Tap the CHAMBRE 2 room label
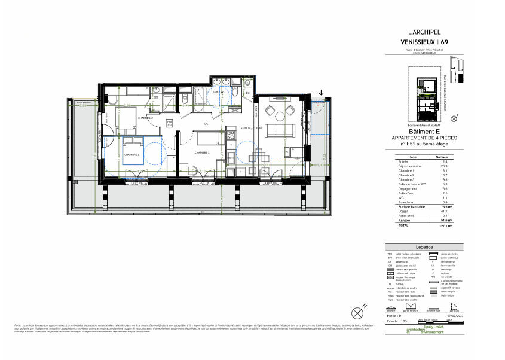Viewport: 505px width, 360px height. (x=145, y=118)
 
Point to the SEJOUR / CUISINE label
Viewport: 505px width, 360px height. (x=251, y=128)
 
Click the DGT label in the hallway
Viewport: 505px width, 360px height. (x=207, y=124)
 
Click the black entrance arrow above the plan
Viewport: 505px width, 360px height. (x=322, y=93)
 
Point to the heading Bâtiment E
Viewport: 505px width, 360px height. (x=424, y=132)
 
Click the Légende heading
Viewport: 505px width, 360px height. (x=424, y=247)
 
